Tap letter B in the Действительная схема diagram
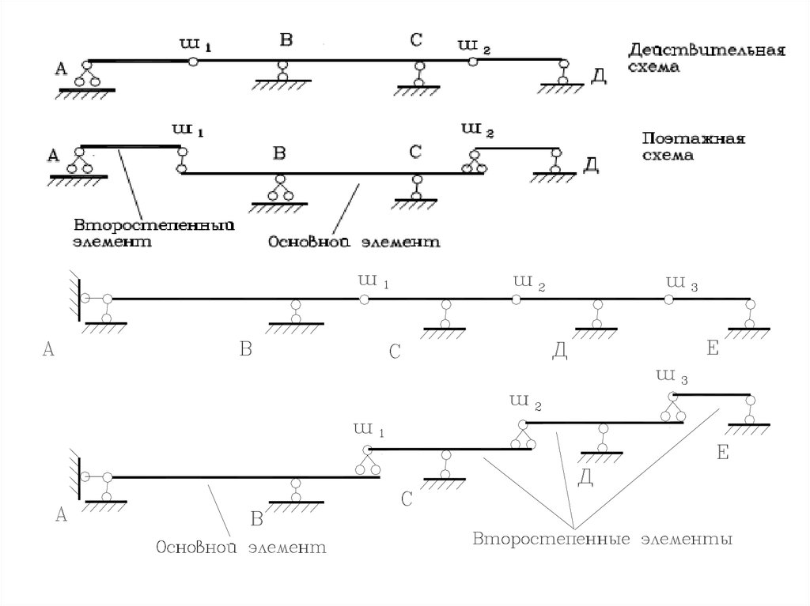(286, 40)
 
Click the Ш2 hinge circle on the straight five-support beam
(516, 299)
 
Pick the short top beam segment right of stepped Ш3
(712, 394)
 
